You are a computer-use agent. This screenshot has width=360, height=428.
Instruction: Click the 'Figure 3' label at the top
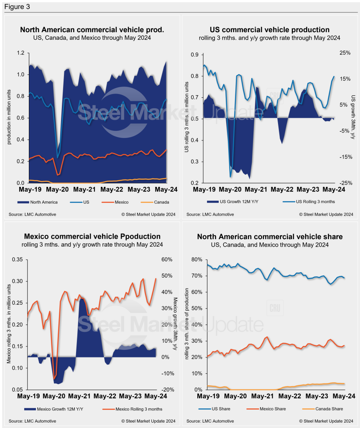coord(17,7)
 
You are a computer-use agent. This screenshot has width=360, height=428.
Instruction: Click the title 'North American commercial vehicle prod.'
coord(92,30)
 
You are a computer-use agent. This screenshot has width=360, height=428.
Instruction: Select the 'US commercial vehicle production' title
coord(269,30)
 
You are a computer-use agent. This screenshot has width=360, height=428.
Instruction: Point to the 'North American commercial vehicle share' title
coord(270,237)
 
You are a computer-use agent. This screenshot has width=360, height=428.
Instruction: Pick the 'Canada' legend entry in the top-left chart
coord(161,202)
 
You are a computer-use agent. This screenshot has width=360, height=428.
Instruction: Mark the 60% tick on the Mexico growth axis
coord(167,260)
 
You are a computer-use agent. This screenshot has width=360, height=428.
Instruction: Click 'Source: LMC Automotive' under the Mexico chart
coord(32,421)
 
